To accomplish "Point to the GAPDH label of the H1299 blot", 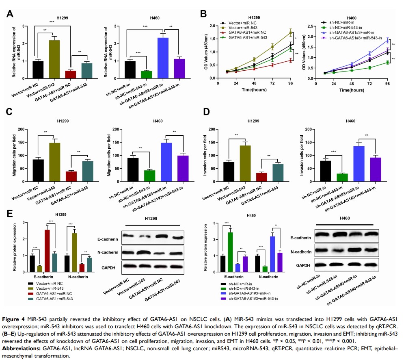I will coord(110,266).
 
